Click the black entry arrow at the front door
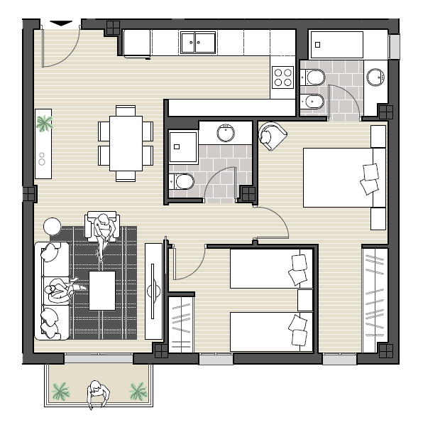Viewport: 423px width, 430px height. coord(62,23)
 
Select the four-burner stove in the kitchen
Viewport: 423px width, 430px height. coord(283,77)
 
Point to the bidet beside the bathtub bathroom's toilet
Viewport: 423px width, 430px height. coord(314,101)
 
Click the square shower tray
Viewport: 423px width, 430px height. coord(182,148)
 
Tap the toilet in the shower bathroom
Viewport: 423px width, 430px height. coord(182,182)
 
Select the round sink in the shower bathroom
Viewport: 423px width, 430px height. coord(226,131)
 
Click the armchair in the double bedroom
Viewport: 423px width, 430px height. coord(273,136)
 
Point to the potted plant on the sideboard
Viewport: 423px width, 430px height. coord(44,124)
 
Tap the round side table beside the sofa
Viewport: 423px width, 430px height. coord(53,227)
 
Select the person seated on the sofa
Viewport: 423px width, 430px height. coord(60,289)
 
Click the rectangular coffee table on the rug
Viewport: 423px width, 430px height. coord(101,291)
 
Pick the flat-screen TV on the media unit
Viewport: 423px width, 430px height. coord(153,290)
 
